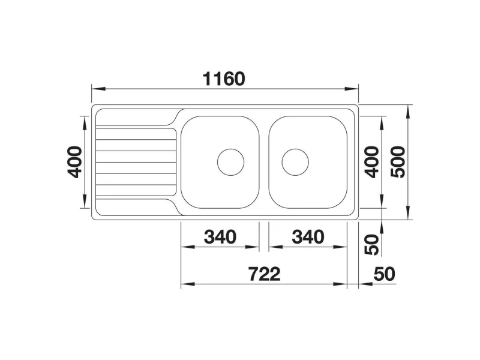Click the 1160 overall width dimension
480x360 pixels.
tap(224, 79)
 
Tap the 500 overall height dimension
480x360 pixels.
tap(398, 162)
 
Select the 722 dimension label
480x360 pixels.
tap(264, 274)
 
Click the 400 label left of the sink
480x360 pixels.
tap(74, 162)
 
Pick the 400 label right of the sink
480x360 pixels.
tap(372, 162)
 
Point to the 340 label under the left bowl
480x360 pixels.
tap(220, 237)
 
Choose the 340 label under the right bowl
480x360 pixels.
tap(308, 237)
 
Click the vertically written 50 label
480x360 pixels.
tap(372, 245)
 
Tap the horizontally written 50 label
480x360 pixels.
tap(385, 274)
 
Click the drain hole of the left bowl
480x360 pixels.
tap(231, 162)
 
